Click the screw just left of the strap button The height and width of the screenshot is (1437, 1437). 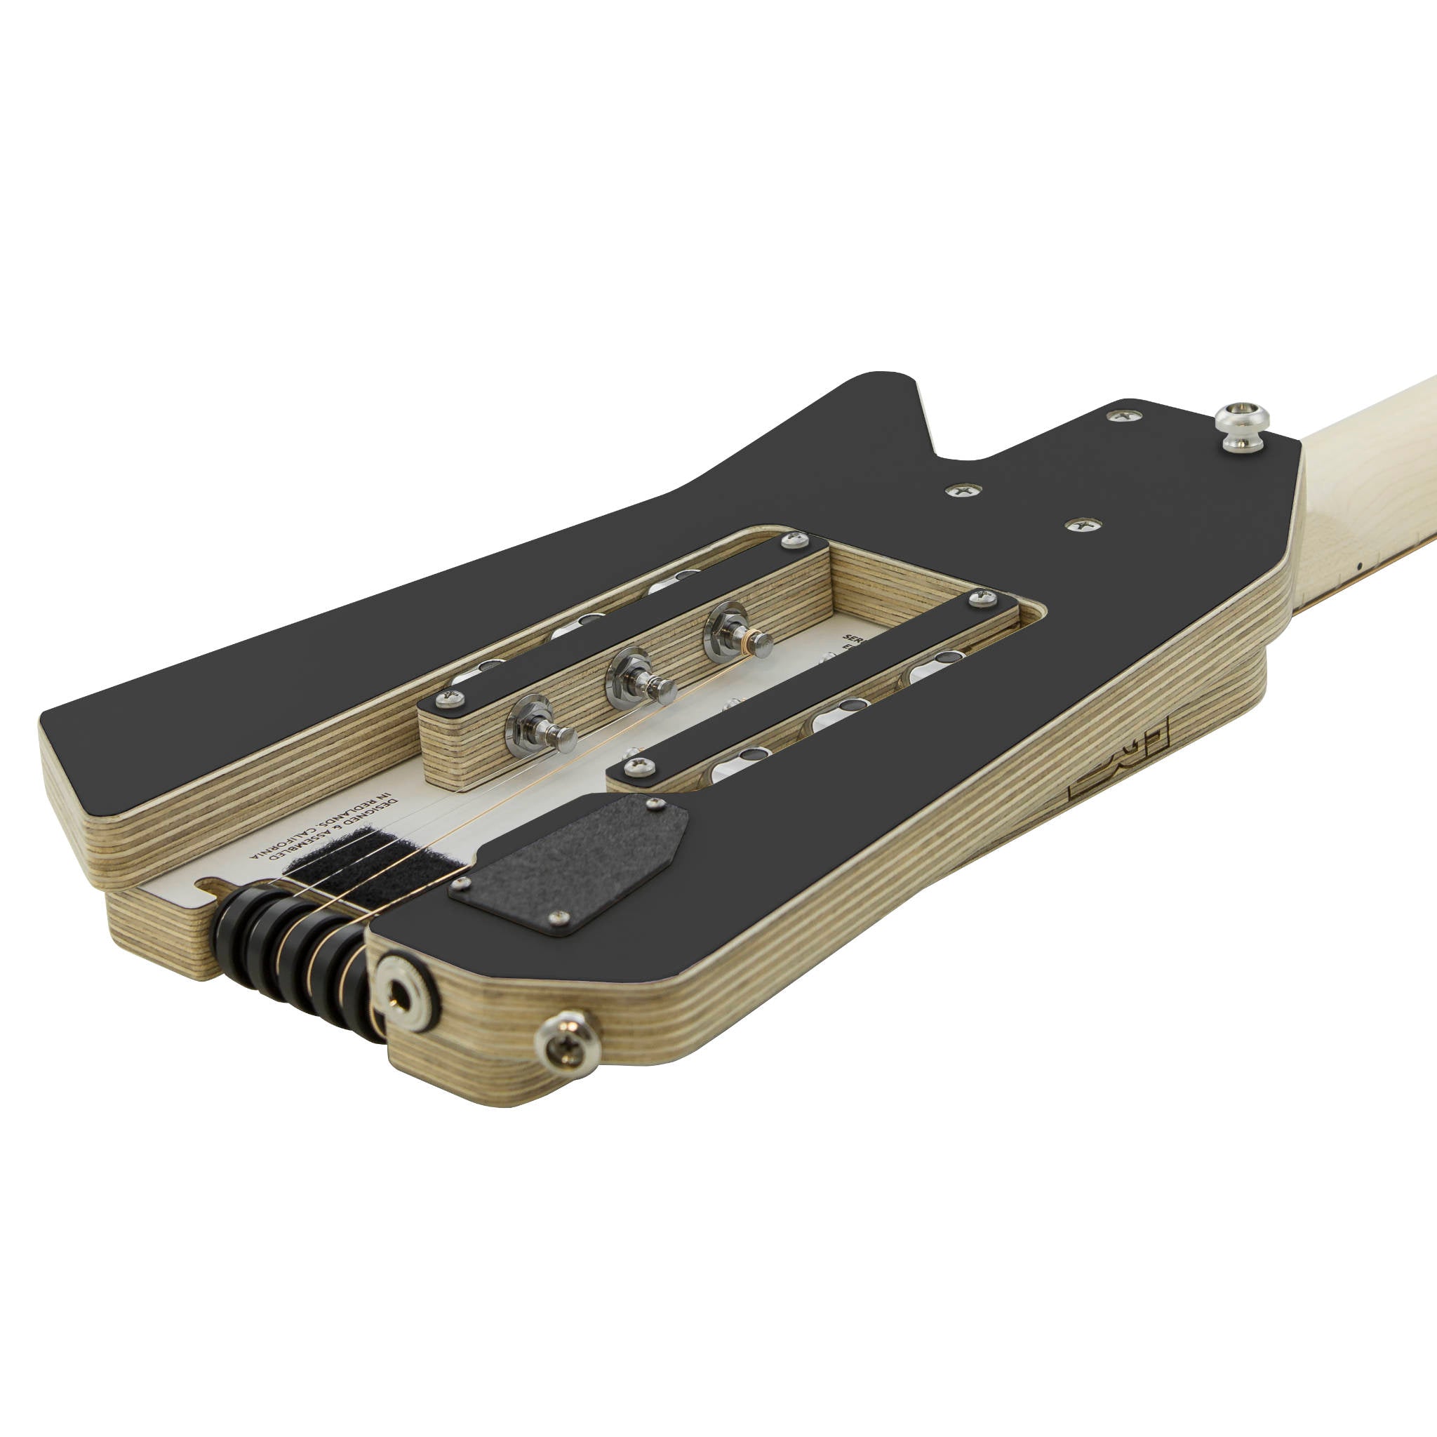[1124, 413]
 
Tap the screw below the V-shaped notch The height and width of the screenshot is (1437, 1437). [963, 490]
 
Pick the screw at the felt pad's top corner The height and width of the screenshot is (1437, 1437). [654, 803]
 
